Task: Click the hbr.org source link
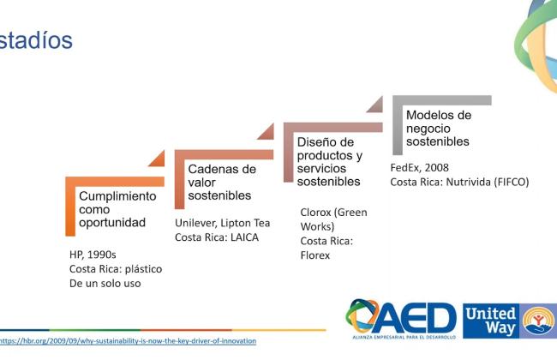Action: tap(128, 341)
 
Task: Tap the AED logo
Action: tap(401, 319)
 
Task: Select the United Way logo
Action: tap(510, 321)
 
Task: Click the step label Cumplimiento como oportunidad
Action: tap(117, 209)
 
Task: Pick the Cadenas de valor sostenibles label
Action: tap(222, 183)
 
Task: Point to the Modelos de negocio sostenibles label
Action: tap(439, 129)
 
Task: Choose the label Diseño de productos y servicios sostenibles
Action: tap(330, 162)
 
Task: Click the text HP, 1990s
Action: tap(93, 255)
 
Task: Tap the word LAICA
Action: tap(244, 237)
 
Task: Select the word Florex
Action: tap(315, 255)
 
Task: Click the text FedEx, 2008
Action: tap(420, 167)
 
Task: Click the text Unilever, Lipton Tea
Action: tap(223, 223)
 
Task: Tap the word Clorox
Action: tap(316, 213)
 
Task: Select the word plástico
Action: tap(143, 269)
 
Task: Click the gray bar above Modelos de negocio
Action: tap(443, 100)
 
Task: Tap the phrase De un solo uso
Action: tap(105, 284)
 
